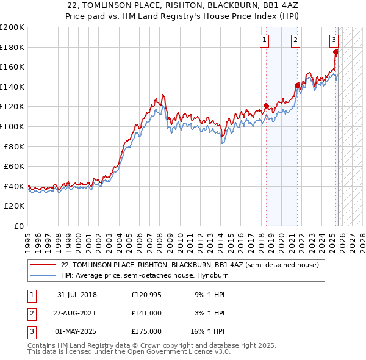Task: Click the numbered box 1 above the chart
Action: point(265,41)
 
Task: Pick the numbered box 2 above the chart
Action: point(295,41)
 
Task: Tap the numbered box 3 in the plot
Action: point(334,41)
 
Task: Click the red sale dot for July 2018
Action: point(267,106)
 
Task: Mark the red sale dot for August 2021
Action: point(297,86)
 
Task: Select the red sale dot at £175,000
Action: point(335,52)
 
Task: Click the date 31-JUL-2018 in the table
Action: point(77,295)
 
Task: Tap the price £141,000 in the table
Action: point(146,313)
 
